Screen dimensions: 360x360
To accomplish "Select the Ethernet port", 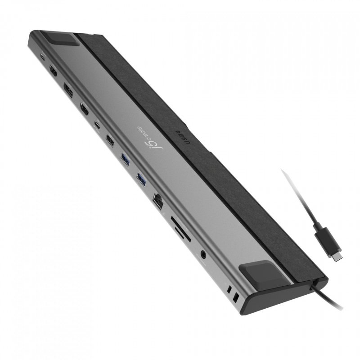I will coord(159,199).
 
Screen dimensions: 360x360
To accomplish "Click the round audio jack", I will coord(205,255).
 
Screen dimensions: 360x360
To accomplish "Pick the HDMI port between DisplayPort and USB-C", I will coord(84,108).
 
